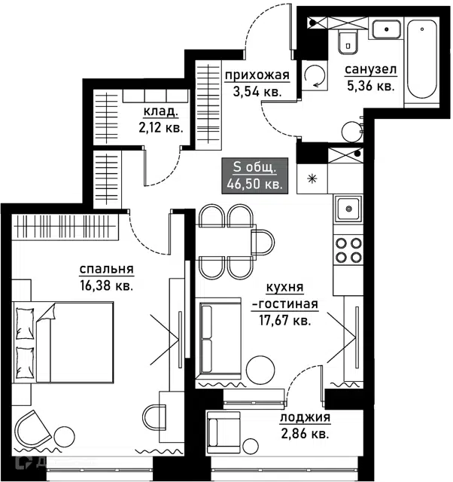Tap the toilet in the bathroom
[x=348, y=41]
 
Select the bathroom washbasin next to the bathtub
[x=386, y=29]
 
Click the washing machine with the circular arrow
[x=315, y=75]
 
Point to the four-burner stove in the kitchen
[x=348, y=250]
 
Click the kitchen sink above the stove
[x=348, y=209]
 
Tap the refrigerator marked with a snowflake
[x=312, y=178]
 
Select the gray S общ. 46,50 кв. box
[x=254, y=175]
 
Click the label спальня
[x=107, y=270]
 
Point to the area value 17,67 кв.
[x=285, y=321]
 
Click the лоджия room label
[x=305, y=417]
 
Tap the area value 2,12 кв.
[x=160, y=127]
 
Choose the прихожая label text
[x=257, y=75]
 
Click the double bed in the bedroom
[x=62, y=342]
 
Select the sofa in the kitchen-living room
[x=218, y=338]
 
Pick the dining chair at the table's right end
[x=263, y=242]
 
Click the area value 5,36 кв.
[x=370, y=86]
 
